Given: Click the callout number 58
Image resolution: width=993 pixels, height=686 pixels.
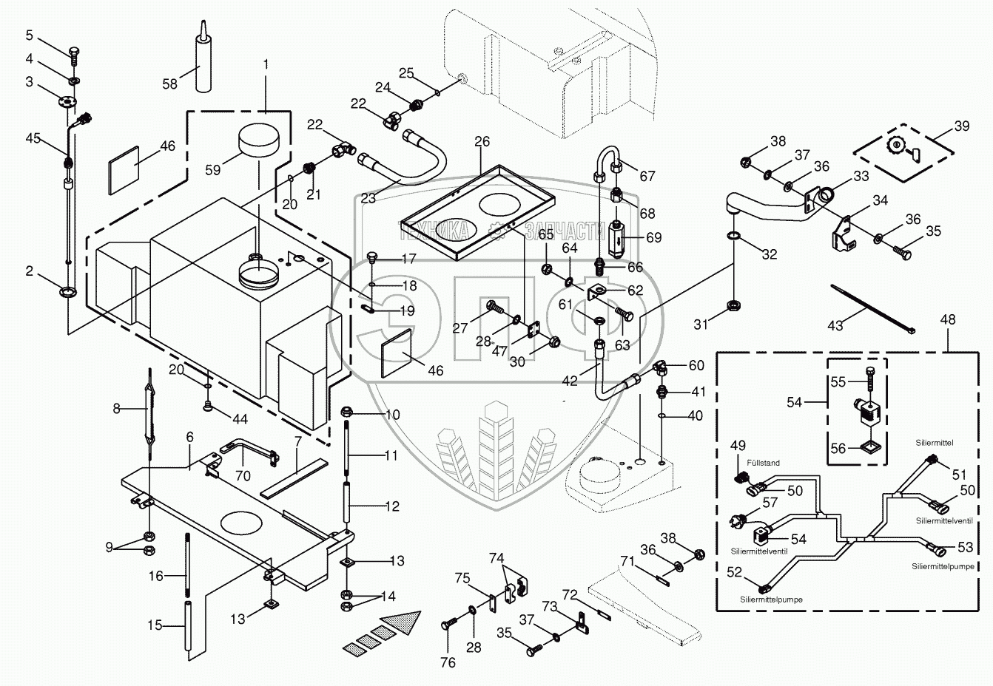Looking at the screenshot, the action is coord(169,84).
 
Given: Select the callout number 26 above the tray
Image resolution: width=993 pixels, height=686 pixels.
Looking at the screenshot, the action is coord(482,141).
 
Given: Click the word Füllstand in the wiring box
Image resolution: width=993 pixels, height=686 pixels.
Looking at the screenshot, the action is coord(763,463).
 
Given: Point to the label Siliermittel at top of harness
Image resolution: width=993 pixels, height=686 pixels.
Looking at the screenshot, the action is coord(935,442).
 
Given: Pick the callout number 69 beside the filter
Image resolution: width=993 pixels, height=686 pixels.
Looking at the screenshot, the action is coord(653,237).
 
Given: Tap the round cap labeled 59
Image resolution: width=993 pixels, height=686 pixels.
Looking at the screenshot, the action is coord(259,140).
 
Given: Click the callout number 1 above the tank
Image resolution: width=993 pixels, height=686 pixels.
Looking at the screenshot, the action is coord(266,64).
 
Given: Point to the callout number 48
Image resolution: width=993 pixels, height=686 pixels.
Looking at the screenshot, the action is coord(947,319).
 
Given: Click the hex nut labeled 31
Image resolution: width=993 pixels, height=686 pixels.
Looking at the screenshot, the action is coord(734,305).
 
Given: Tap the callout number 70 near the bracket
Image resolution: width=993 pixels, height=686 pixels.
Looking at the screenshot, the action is coord(243,475).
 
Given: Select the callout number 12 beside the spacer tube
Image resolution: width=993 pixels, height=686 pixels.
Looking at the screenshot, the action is coord(392,506).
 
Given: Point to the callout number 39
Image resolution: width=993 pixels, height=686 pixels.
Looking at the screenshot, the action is coord(961,126).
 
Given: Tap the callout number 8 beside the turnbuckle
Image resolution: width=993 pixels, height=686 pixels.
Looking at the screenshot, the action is coord(117,408).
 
